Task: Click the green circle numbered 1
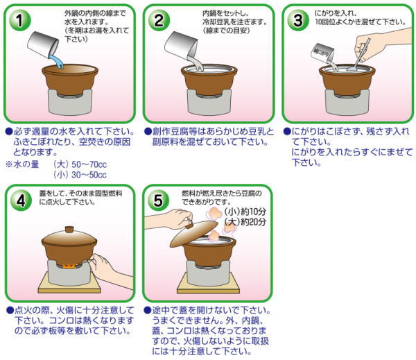coord(19,20)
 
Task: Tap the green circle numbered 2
coord(159,20)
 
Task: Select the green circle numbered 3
coord(298,20)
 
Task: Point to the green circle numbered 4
coord(21,200)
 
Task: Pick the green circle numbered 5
coord(158,200)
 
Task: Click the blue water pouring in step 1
coord(57,62)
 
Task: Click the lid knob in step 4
coord(69,230)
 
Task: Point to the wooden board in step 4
coord(69,284)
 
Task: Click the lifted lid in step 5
coord(193,233)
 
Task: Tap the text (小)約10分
coord(245,212)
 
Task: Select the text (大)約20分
coord(245,222)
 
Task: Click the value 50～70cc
coord(89,164)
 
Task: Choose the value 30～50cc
coord(89,175)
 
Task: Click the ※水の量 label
coord(22,164)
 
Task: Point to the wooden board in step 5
coord(208,284)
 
